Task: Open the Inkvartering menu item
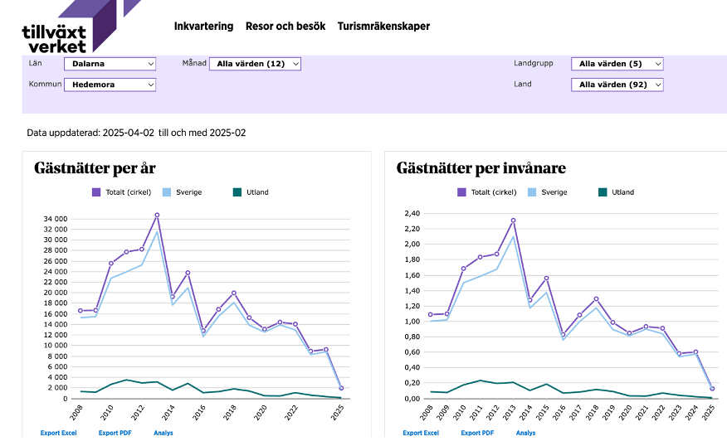click(x=203, y=27)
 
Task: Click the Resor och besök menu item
click(x=285, y=27)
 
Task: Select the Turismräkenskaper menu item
click(x=383, y=27)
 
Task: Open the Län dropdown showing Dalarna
click(x=110, y=64)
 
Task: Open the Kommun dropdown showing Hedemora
click(x=110, y=85)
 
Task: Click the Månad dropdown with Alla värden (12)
click(x=254, y=64)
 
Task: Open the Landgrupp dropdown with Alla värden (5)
click(x=617, y=64)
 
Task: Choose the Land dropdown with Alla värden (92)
click(x=617, y=85)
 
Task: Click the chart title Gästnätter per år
click(x=95, y=168)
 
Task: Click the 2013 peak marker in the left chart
click(x=157, y=216)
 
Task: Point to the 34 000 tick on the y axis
click(x=54, y=219)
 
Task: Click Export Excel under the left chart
click(x=58, y=433)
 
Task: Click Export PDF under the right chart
click(x=477, y=433)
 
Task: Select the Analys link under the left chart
click(x=163, y=433)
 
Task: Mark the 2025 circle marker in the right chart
click(x=712, y=389)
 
